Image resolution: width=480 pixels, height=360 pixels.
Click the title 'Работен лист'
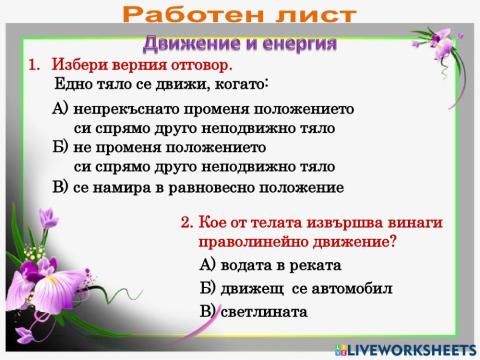[x=240, y=15]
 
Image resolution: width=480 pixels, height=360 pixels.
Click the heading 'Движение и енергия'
[x=239, y=44]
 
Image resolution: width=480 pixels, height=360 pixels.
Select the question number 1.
[x=33, y=65]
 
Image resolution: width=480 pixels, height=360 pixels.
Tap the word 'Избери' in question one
[x=78, y=65]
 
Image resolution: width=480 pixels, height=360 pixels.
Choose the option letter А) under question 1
[x=60, y=108]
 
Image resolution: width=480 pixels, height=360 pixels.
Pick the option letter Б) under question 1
[x=60, y=148]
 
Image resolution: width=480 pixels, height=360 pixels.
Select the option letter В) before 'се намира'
[x=60, y=187]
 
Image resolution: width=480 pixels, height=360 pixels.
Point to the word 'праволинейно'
[x=246, y=241]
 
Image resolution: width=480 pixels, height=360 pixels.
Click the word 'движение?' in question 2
[x=355, y=241]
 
